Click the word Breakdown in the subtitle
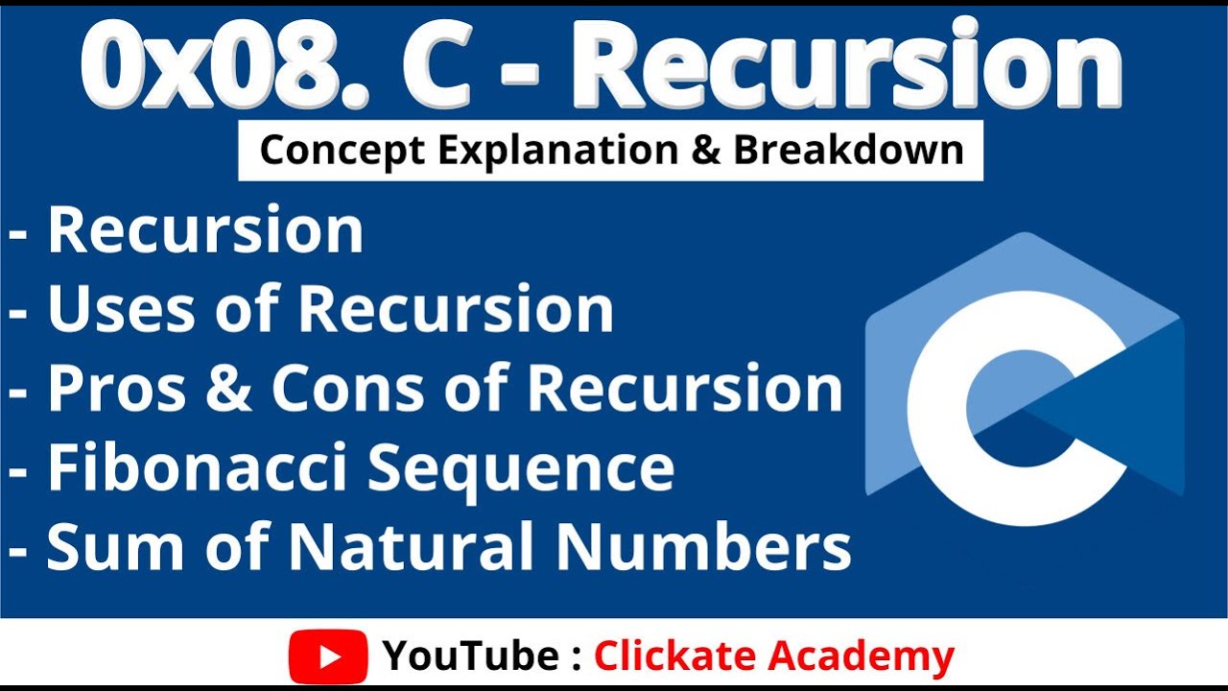pos(848,151)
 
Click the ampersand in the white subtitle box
pos(708,151)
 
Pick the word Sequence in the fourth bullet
pos(522,468)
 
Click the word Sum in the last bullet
pos(112,548)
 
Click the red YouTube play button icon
pos(328,656)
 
